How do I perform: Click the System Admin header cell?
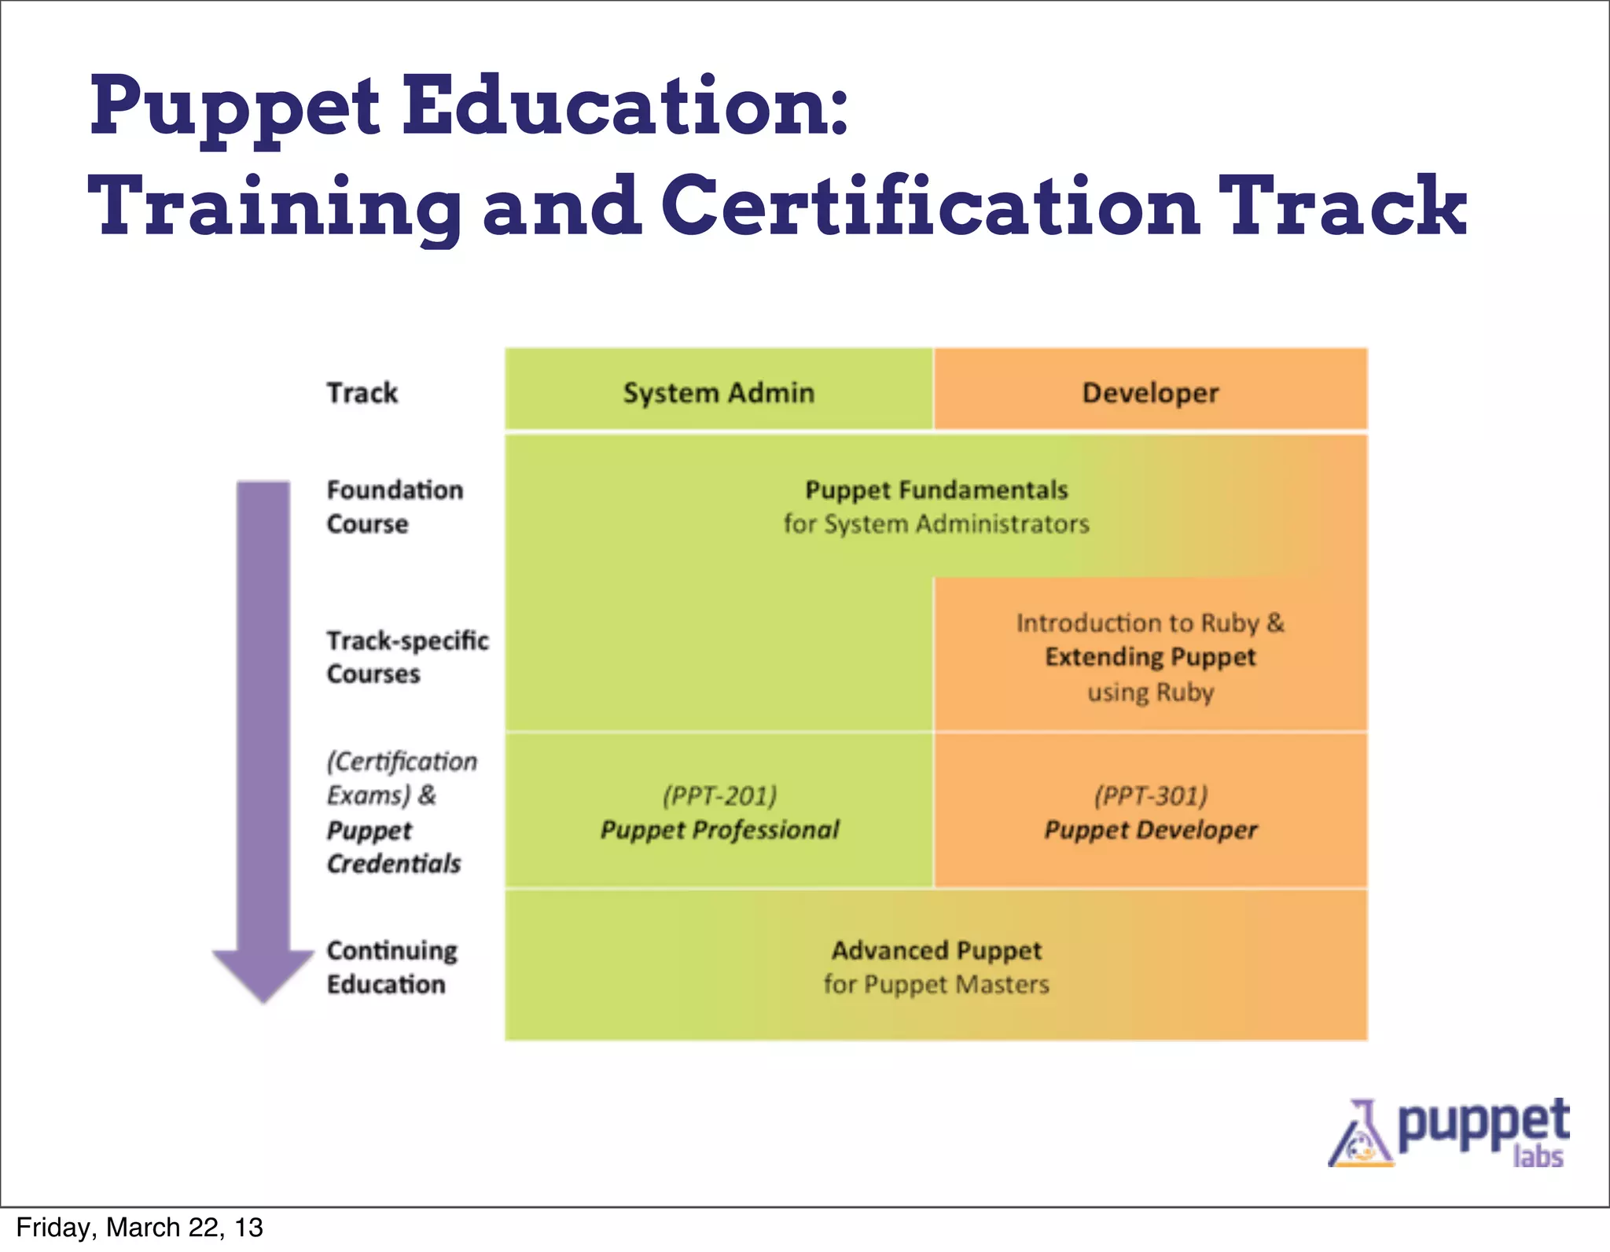(x=719, y=392)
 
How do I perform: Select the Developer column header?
(x=1150, y=392)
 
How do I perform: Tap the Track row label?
(x=362, y=392)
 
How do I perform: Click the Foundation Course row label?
(x=395, y=507)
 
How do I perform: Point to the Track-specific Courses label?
(x=407, y=657)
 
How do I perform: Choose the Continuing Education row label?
(x=391, y=967)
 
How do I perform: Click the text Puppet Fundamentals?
(x=936, y=490)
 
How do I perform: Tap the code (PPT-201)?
(x=719, y=795)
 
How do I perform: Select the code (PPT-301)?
(x=1150, y=795)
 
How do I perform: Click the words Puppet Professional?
(x=719, y=830)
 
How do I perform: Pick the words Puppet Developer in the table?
(x=1150, y=830)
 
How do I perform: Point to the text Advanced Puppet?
(x=936, y=951)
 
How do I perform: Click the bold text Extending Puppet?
(x=1150, y=657)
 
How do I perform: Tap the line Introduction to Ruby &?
(x=1150, y=622)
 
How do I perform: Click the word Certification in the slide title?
(x=930, y=205)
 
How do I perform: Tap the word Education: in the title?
(x=626, y=106)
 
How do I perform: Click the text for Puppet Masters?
(x=936, y=985)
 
